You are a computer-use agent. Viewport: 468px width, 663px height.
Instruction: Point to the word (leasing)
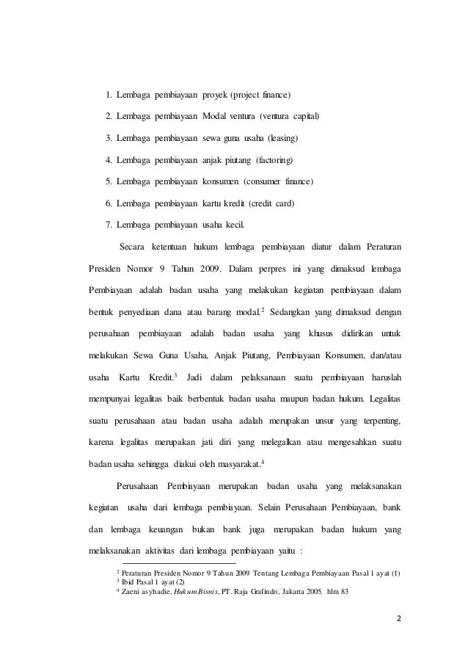(x=282, y=138)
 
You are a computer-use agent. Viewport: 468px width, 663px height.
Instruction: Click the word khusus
(x=322, y=334)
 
